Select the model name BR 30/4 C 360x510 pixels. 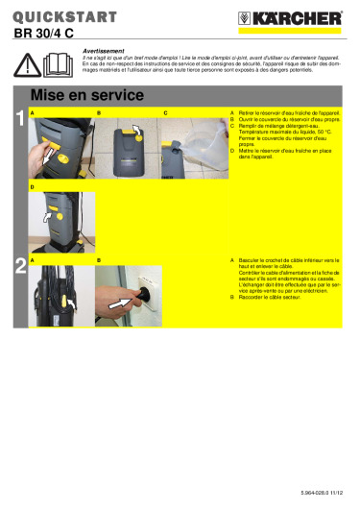point(48,34)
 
